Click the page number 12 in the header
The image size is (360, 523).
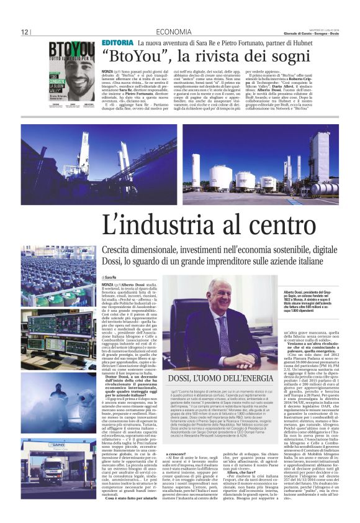pos(25,32)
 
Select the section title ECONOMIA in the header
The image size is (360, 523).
pos(174,32)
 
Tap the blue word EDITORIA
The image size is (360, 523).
pos(117,42)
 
